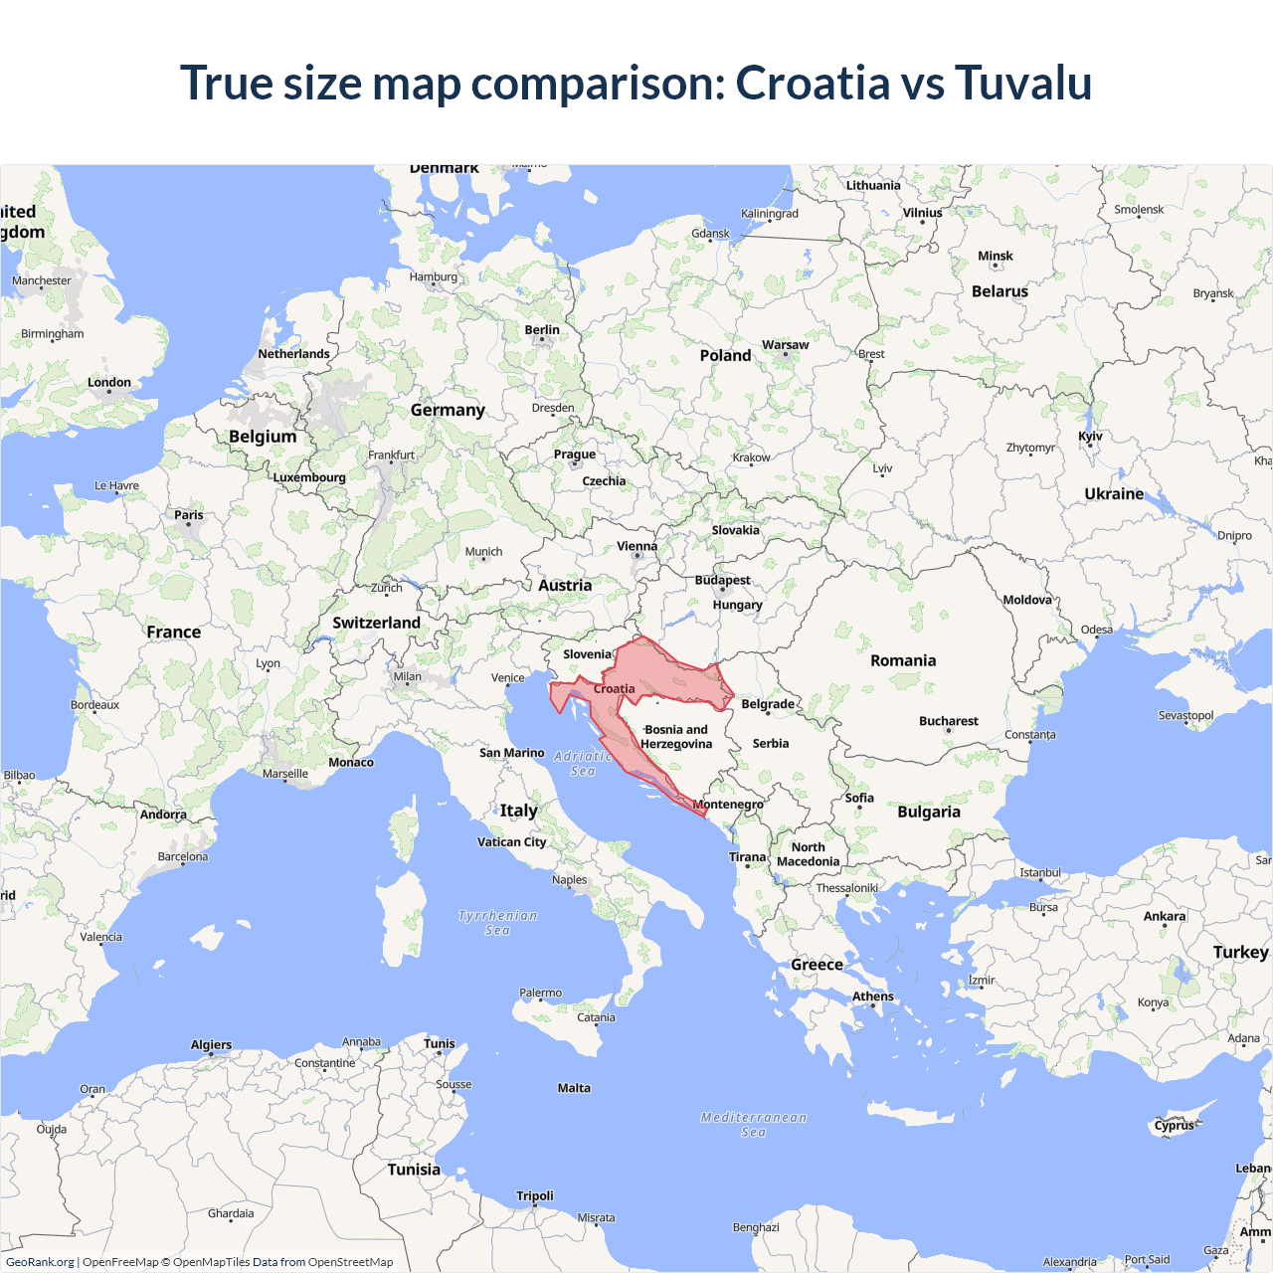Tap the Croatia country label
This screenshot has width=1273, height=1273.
[x=614, y=688]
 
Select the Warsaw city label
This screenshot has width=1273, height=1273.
[x=785, y=345]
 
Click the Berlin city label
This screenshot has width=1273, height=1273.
[x=542, y=330]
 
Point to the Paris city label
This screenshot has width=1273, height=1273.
[x=188, y=515]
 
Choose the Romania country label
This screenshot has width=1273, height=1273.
[x=903, y=660]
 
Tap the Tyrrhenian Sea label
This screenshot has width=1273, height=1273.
[x=497, y=923]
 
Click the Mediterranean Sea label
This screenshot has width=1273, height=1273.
[x=754, y=1124]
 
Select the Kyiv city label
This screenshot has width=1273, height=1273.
[x=1090, y=437]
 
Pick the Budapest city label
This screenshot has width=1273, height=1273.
[x=722, y=580]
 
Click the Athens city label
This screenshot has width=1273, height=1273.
[x=872, y=997]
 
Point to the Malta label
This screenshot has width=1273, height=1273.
[x=574, y=1088]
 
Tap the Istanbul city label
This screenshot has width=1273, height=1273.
[x=1040, y=873]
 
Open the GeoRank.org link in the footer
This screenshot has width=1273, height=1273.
[x=40, y=1262]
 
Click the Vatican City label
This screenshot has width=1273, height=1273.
[x=511, y=841]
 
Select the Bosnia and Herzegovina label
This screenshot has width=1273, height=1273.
[x=676, y=737]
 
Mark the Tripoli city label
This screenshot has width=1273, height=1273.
[x=535, y=1196]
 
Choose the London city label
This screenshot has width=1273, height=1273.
[x=109, y=382]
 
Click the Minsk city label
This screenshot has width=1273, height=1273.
[x=995, y=256]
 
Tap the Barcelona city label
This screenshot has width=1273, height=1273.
[x=183, y=856]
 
